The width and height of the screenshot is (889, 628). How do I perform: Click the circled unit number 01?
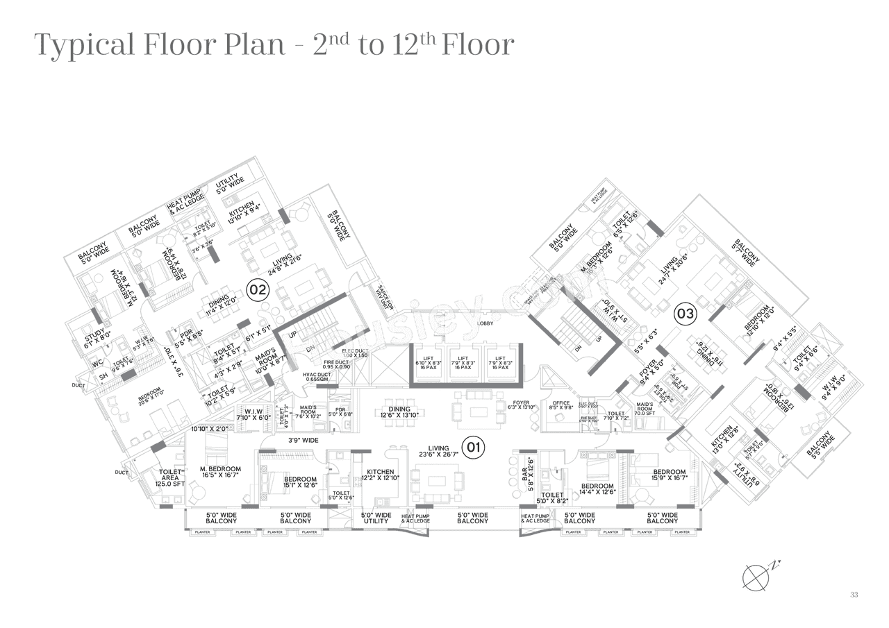point(473,448)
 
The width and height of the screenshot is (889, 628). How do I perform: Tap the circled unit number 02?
point(258,289)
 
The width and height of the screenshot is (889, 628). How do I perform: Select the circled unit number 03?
point(685,314)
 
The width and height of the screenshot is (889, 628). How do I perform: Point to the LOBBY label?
point(485,323)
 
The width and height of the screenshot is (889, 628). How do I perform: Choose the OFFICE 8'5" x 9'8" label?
point(561,406)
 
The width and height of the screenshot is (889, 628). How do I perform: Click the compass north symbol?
point(755,576)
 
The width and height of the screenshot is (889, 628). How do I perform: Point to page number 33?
point(854,595)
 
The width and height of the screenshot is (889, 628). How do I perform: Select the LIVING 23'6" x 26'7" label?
point(438,452)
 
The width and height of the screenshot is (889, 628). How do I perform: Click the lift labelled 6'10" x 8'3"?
point(425,363)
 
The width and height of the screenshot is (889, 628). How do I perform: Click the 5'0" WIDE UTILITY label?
point(376,518)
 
